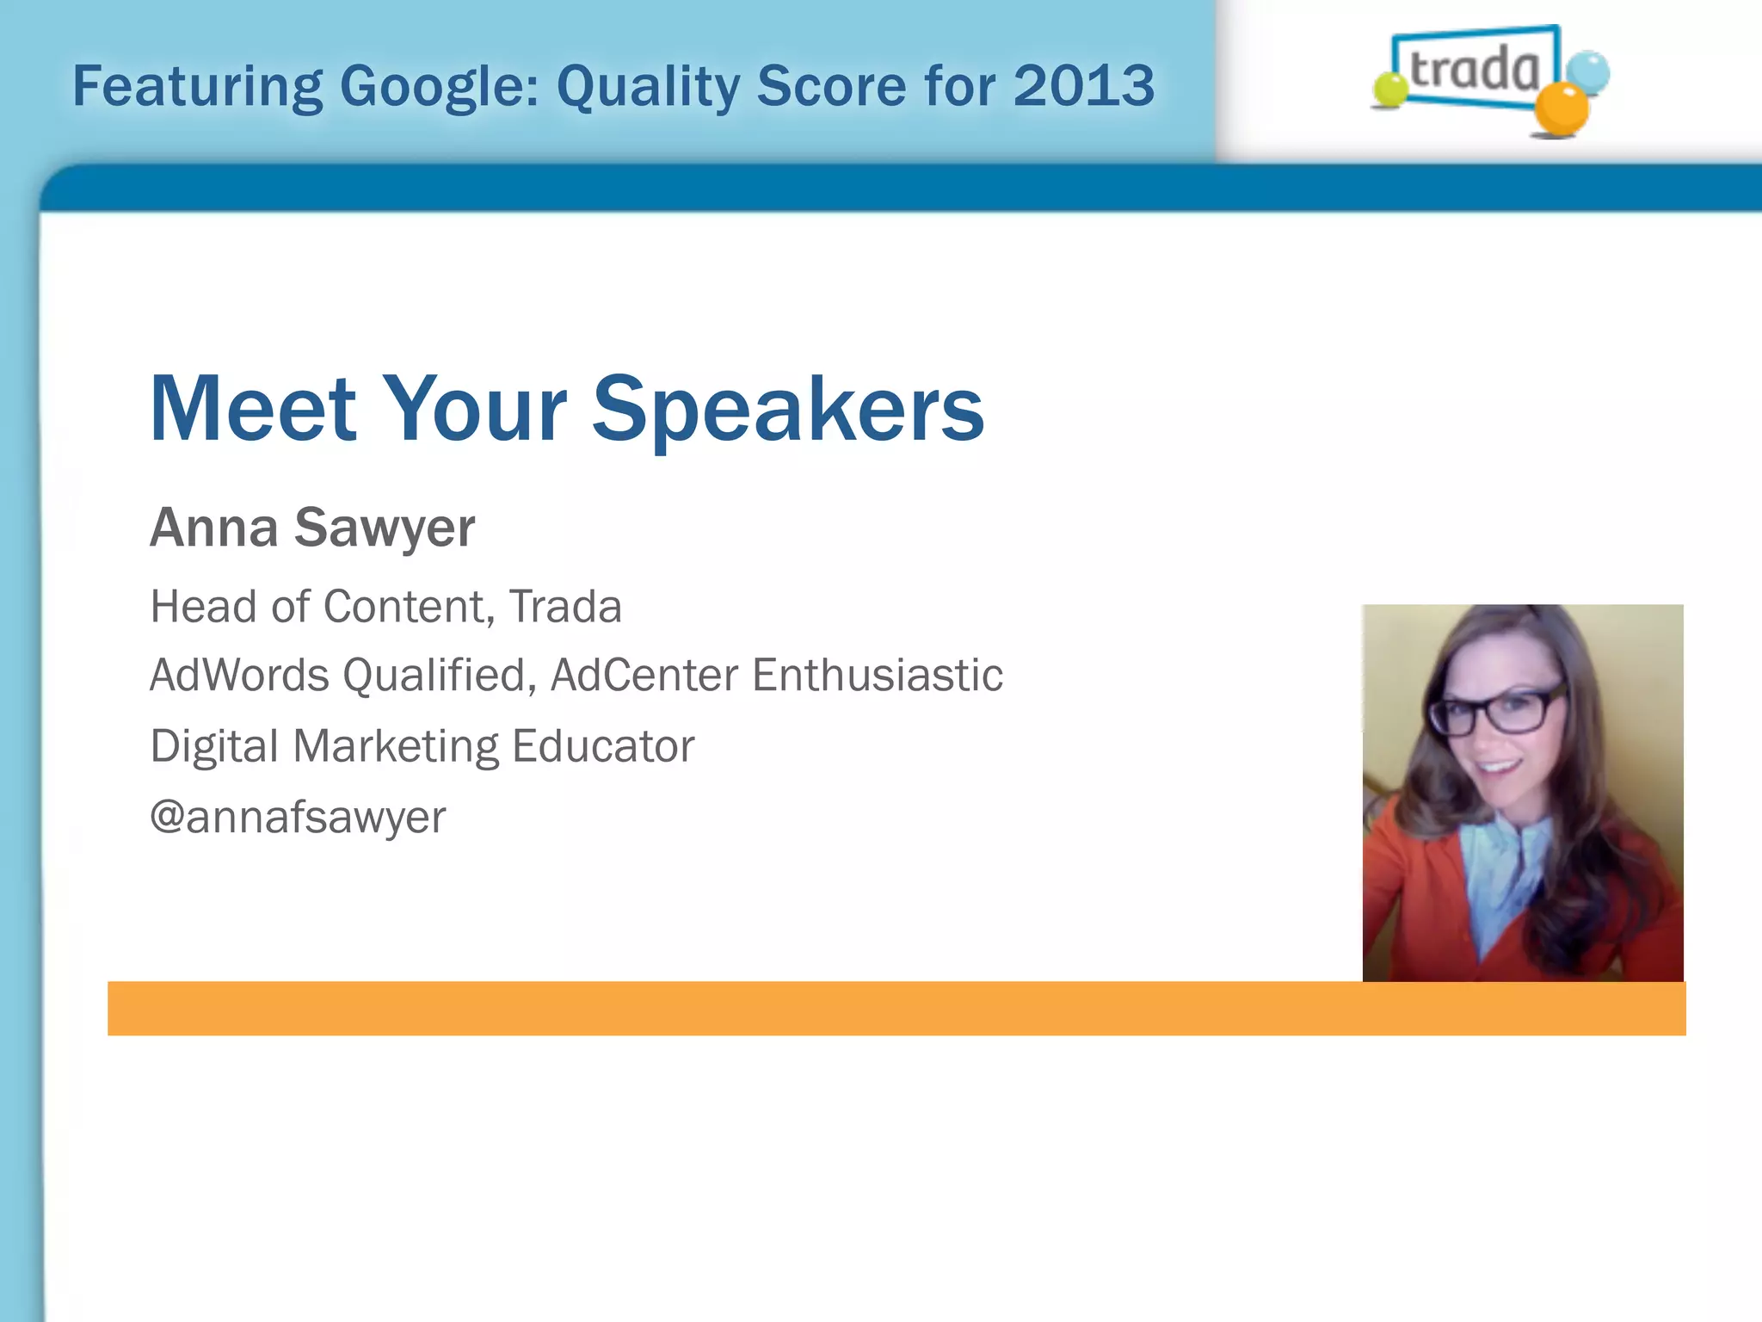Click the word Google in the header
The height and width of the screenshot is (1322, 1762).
(439, 87)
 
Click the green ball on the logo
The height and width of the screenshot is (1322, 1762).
(1389, 90)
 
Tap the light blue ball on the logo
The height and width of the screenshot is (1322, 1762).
(1586, 71)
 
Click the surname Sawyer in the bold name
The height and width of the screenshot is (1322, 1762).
(384, 528)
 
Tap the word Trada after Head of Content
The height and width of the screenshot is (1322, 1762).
(565, 607)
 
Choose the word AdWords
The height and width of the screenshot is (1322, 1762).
(239, 675)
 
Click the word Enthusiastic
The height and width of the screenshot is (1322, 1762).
(878, 675)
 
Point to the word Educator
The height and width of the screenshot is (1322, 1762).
(602, 746)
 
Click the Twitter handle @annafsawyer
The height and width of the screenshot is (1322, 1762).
(298, 817)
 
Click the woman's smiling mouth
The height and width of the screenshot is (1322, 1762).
(1498, 765)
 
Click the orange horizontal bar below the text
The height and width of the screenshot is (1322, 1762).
(895, 1008)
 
